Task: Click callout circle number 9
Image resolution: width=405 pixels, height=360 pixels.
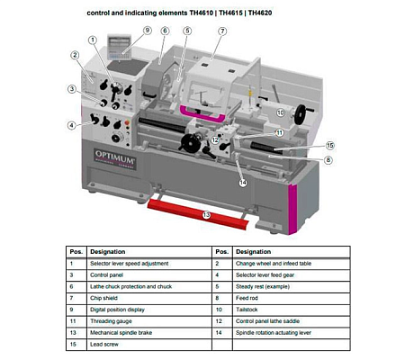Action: (147, 30)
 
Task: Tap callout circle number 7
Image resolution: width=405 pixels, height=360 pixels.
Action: (222, 31)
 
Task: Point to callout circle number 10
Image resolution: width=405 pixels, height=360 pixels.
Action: (281, 112)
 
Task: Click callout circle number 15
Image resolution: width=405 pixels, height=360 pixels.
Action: (330, 145)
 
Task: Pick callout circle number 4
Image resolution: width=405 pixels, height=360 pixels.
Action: (71, 124)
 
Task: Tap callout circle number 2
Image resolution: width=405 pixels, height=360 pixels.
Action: (76, 56)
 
